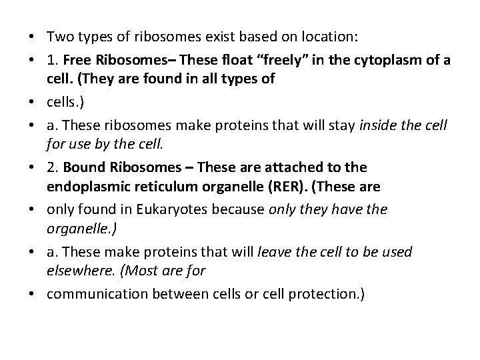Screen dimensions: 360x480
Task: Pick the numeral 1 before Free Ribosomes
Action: click(51, 60)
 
